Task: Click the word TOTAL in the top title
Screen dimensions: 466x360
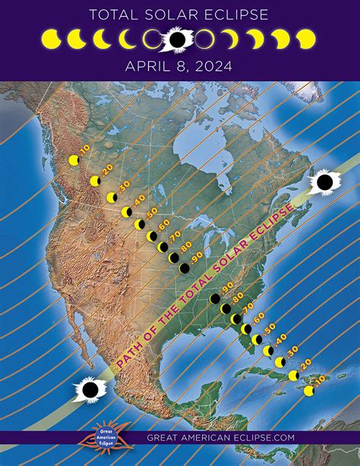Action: (114, 14)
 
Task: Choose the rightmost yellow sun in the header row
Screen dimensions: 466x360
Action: (305, 38)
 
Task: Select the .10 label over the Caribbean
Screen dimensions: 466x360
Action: (320, 379)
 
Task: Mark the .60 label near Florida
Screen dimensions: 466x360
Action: (259, 316)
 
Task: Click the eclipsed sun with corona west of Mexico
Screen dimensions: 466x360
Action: (90, 390)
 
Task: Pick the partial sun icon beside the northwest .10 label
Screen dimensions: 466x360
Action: (74, 160)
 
